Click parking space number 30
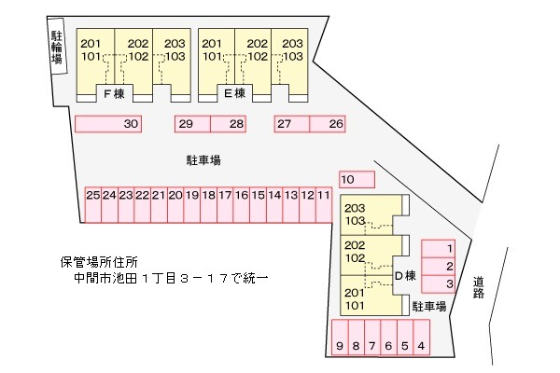[x=108, y=124]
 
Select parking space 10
[x=357, y=179]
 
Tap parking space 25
[x=92, y=205]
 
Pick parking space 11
[x=324, y=205]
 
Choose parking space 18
[x=208, y=205]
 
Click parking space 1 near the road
[x=439, y=248]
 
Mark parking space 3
[x=439, y=284]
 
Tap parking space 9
[x=340, y=338]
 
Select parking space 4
[x=422, y=338]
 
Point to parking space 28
[x=229, y=124]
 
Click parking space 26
[x=328, y=124]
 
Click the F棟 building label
[x=114, y=94]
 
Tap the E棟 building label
[x=235, y=93]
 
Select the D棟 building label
[x=406, y=276]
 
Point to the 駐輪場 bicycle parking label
[x=56, y=48]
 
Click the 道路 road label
[x=479, y=287]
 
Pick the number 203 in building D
[x=355, y=208]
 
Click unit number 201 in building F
[x=91, y=44]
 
